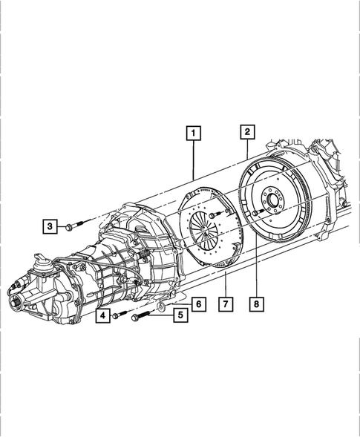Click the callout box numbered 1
coord(193,134)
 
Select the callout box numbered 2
coord(246,132)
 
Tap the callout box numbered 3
coord(50,225)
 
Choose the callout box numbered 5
coord(179,315)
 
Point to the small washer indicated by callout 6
coord(162,305)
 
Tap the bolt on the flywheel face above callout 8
coord(254,214)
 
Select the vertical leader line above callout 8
coord(257,260)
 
